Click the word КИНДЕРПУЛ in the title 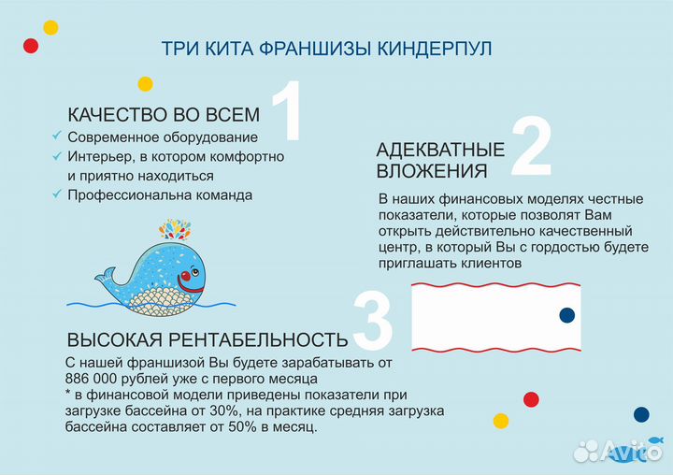point(439,48)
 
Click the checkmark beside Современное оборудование point(57,137)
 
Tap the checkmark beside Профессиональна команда point(57,194)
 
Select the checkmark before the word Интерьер point(57,156)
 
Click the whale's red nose point(186,277)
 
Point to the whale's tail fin point(105,274)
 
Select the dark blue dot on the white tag point(566,316)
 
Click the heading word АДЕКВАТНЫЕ point(440,150)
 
